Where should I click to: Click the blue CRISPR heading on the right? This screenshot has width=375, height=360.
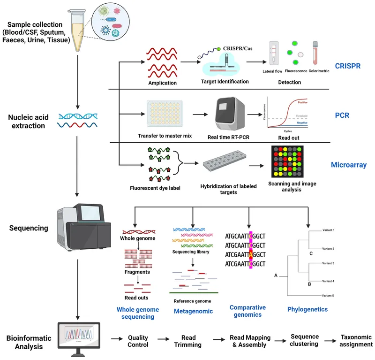(x=348, y=66)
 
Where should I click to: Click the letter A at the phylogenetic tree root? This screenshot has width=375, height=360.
(x=276, y=276)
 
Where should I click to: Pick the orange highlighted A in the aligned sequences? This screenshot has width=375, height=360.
(x=251, y=254)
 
